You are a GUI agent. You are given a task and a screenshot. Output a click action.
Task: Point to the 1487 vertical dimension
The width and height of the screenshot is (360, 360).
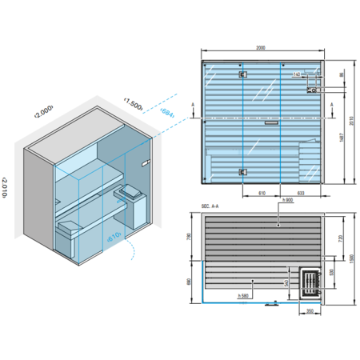point(342,135)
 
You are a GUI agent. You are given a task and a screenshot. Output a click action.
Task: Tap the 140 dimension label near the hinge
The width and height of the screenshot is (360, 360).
point(296,74)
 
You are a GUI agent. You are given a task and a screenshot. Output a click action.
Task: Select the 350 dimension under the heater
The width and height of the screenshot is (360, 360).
point(310,312)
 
